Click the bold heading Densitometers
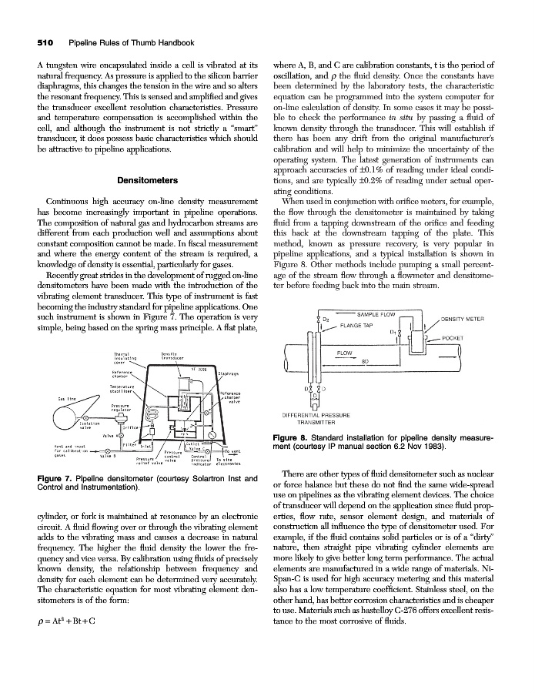(x=147, y=180)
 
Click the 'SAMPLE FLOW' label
(x=376, y=314)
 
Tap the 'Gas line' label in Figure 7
(x=68, y=397)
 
